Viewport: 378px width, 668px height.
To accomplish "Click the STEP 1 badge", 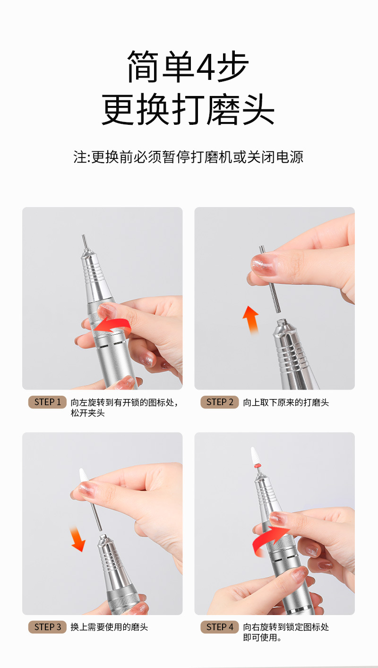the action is pyautogui.click(x=47, y=402).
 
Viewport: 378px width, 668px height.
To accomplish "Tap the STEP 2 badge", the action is pyautogui.click(x=219, y=402).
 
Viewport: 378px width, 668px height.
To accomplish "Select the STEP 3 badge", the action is pyautogui.click(x=47, y=627).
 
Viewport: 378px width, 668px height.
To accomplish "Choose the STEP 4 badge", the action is pyautogui.click(x=219, y=627).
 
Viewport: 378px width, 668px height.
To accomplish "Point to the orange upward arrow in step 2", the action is pyautogui.click(x=250, y=319).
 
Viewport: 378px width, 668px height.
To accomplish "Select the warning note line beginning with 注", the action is pyautogui.click(x=189, y=157).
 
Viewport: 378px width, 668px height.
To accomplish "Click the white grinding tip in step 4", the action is pyautogui.click(x=255, y=456).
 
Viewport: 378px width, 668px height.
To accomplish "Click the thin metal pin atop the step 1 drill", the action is pyautogui.click(x=85, y=242).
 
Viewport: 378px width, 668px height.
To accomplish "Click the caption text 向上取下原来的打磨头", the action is pyautogui.click(x=286, y=402).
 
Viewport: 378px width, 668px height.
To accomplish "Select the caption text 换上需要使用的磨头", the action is pyautogui.click(x=109, y=627).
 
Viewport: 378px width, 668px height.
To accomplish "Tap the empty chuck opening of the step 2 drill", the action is pyautogui.click(x=282, y=322).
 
